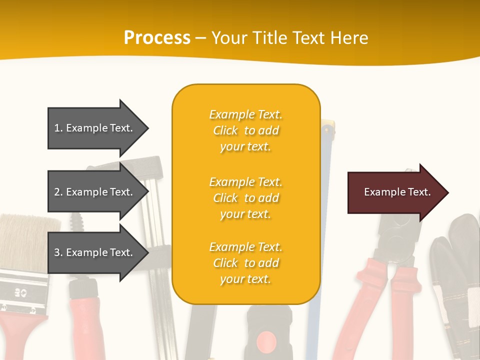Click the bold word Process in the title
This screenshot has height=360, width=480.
(x=157, y=38)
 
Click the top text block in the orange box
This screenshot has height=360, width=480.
(x=245, y=130)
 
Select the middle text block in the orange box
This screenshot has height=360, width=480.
(x=245, y=198)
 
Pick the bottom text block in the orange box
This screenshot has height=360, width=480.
(x=245, y=263)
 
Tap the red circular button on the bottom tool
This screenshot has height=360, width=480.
(x=265, y=342)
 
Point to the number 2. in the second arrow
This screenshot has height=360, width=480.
(x=58, y=192)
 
